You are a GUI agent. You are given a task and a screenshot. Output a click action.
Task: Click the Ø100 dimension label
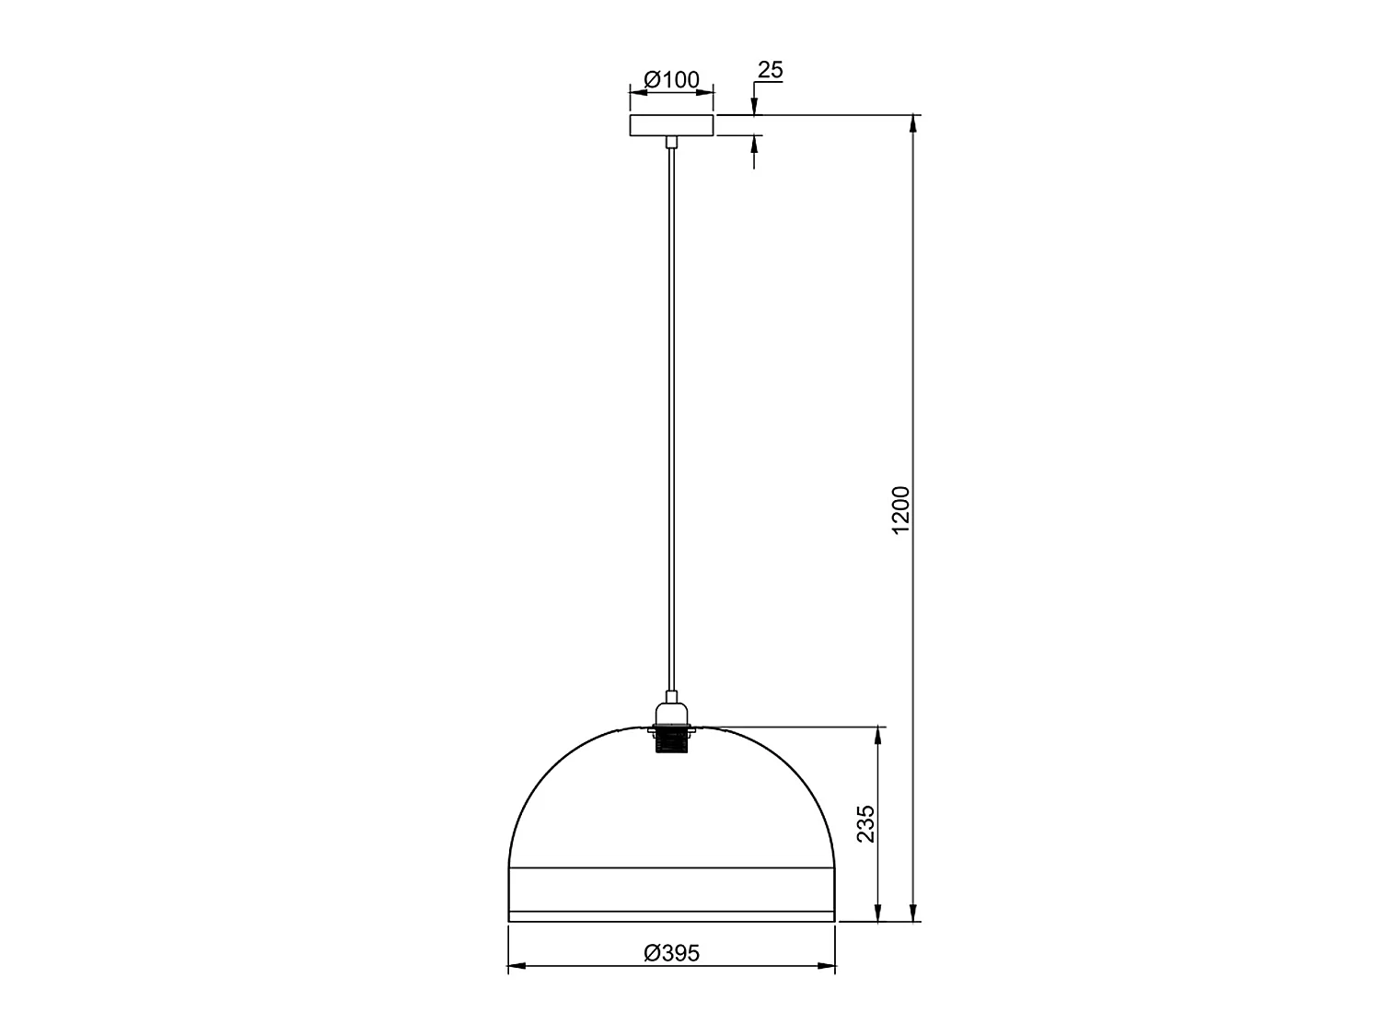672,80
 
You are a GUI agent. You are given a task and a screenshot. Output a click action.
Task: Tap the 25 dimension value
770,70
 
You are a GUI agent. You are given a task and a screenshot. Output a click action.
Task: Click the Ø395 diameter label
672,953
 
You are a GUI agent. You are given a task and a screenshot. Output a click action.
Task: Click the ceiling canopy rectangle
672,125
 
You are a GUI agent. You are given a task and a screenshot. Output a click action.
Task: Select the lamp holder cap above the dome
672,713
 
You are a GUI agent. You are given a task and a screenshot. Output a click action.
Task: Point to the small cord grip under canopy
672,142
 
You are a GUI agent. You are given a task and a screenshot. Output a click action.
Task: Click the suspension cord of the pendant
672,414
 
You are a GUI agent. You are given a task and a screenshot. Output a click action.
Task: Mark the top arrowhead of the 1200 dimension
913,123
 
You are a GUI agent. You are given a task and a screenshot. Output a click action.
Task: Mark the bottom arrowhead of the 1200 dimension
913,913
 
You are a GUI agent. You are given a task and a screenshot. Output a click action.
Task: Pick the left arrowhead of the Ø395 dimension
516,966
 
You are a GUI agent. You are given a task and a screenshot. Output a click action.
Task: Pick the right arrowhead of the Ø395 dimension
828,966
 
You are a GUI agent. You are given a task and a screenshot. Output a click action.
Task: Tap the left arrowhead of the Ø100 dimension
636,91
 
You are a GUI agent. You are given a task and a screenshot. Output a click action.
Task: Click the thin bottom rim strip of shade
672,916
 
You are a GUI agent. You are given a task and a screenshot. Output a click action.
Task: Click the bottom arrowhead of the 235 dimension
879,913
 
